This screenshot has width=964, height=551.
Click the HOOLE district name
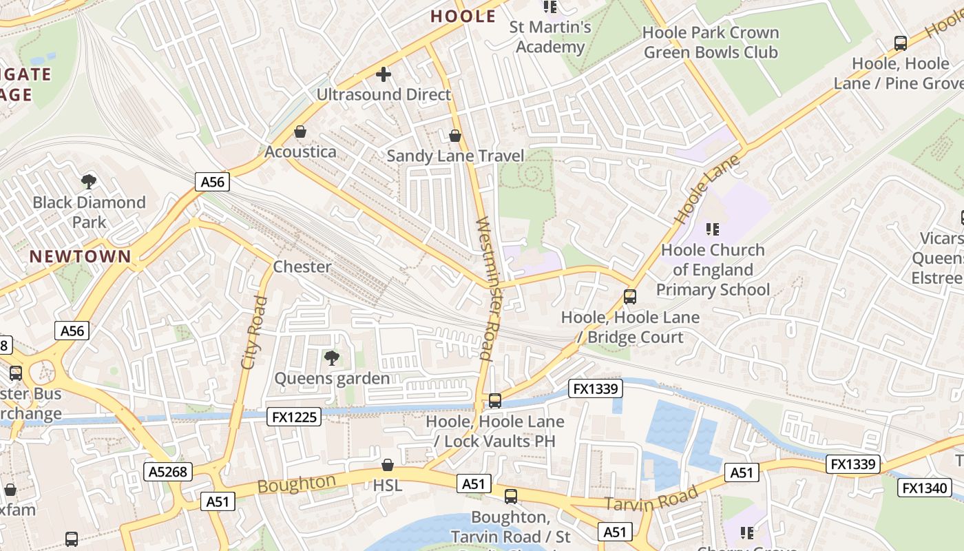click(463, 17)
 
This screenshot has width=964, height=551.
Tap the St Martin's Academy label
click(550, 37)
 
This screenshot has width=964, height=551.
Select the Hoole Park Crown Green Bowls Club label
click(710, 42)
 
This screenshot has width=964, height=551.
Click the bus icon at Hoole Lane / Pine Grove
click(900, 43)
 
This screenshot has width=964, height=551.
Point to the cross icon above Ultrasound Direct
click(384, 74)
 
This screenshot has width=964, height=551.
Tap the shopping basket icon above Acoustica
click(300, 131)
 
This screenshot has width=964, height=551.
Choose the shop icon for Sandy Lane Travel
click(454, 135)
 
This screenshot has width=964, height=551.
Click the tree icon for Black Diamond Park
click(88, 182)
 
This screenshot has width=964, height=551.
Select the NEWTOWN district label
click(80, 256)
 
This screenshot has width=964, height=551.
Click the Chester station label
click(302, 267)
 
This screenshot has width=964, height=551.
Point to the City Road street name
click(253, 333)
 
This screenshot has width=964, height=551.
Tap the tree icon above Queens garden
click(332, 357)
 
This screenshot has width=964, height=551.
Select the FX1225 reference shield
click(294, 417)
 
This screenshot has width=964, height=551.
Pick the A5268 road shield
click(168, 472)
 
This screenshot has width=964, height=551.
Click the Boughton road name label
click(297, 484)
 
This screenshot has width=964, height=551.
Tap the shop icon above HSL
click(388, 465)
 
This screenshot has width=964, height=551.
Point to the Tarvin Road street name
click(651, 499)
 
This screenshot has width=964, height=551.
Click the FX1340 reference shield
click(925, 488)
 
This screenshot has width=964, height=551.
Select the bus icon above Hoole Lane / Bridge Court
click(629, 297)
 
